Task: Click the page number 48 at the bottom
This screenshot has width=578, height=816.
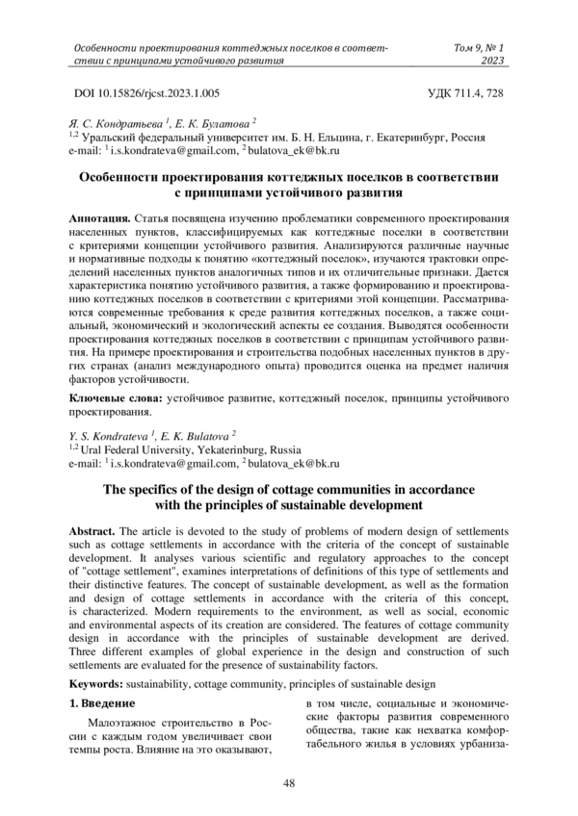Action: [x=288, y=784]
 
